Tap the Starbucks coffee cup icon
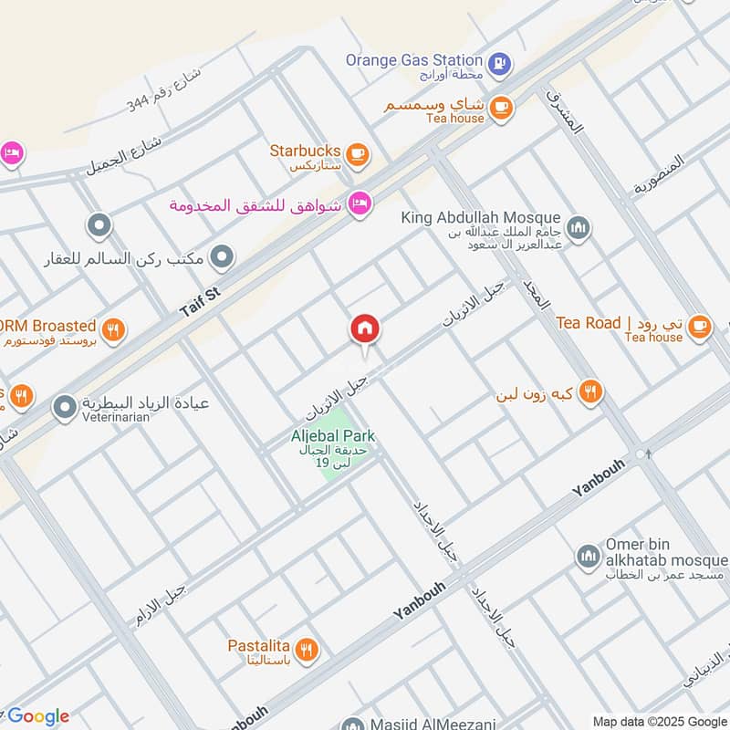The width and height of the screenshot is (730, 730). click(x=358, y=153)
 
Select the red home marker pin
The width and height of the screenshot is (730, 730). click(x=365, y=329)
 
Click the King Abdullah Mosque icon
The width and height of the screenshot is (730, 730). click(x=578, y=225)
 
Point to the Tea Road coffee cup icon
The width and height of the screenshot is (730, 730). click(x=699, y=324)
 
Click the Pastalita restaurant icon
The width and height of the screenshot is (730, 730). click(x=308, y=650)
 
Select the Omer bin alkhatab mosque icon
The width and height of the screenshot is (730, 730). click(x=588, y=555)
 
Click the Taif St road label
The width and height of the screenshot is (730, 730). click(x=201, y=299)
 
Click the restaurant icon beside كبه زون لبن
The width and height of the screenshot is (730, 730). click(x=590, y=392)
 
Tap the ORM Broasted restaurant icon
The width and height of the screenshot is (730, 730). click(x=113, y=329)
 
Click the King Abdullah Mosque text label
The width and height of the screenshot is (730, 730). click(x=481, y=217)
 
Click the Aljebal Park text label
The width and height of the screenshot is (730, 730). click(x=334, y=436)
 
